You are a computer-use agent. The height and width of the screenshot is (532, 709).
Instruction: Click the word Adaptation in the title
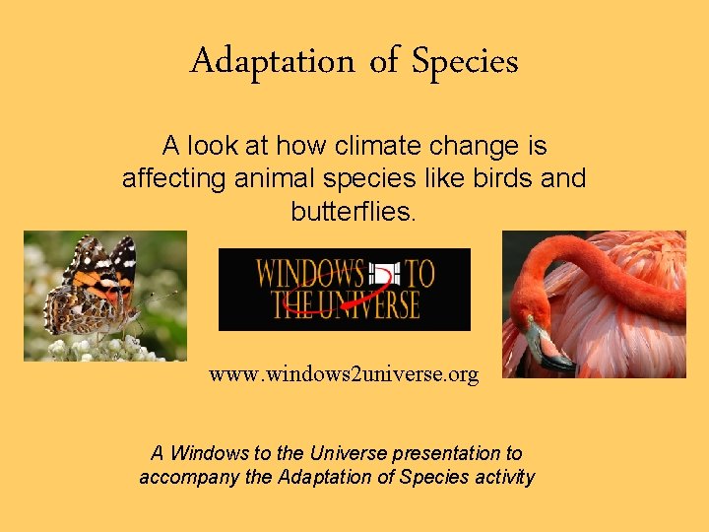(x=272, y=61)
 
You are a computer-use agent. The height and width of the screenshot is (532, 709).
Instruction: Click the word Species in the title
(x=465, y=61)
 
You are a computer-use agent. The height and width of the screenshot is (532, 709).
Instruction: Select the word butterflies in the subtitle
(x=354, y=211)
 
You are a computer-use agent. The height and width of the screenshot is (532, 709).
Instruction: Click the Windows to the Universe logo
(x=344, y=289)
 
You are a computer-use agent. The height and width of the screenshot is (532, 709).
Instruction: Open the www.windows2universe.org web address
(x=344, y=374)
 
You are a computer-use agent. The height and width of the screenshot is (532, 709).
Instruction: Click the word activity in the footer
(x=502, y=478)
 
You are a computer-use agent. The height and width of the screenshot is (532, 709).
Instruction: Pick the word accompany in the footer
(x=183, y=478)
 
